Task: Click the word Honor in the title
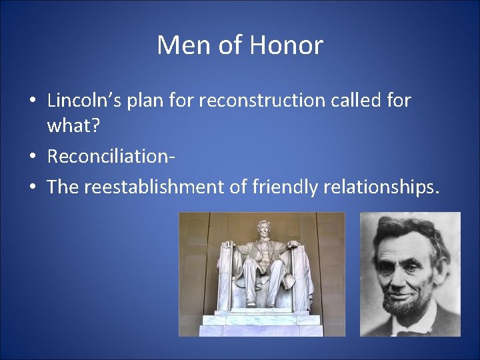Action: [x=287, y=46]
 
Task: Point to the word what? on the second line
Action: [x=71, y=125]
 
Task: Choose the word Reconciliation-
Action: [x=111, y=157]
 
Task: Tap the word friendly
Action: [x=285, y=187]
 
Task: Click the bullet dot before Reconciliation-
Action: [x=33, y=157]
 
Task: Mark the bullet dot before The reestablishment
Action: [x=33, y=188]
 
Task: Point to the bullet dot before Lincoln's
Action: [x=33, y=101]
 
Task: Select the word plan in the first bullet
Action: [x=143, y=101]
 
